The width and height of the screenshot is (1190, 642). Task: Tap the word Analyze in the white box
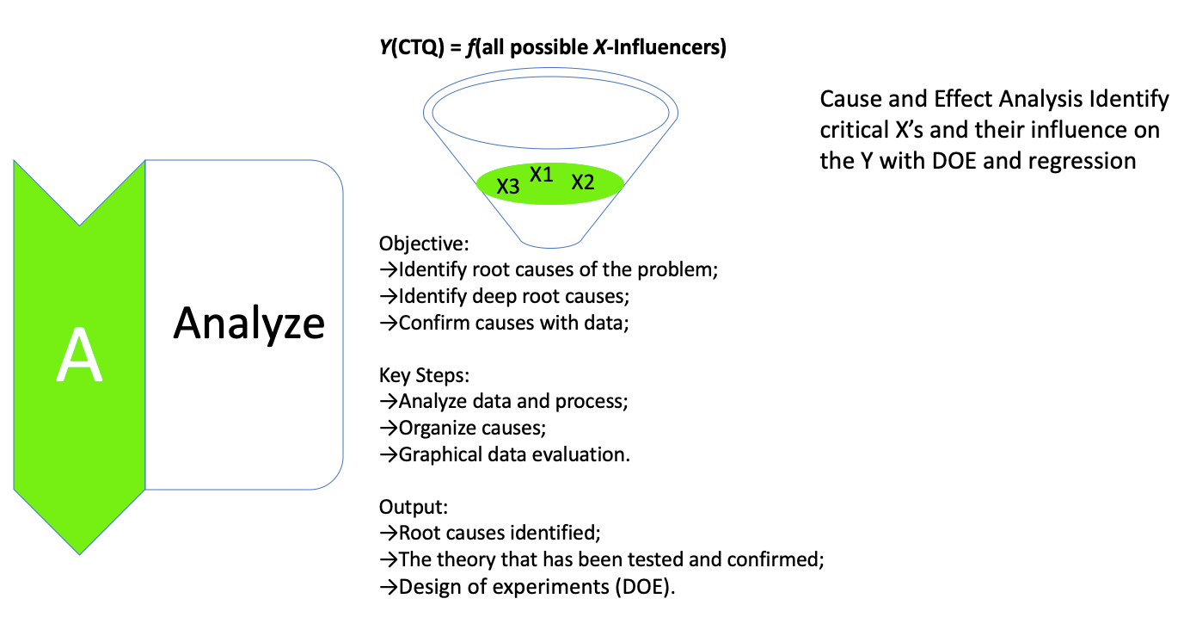(249, 324)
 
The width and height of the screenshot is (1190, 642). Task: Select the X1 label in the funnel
(542, 175)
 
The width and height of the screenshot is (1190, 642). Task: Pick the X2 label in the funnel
(583, 182)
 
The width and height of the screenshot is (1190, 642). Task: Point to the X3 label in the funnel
(508, 185)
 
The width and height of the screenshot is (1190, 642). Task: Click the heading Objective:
(424, 244)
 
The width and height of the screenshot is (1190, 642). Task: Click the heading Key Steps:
(425, 376)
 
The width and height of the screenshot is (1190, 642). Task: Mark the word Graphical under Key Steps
(439, 454)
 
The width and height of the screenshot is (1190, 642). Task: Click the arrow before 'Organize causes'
(389, 428)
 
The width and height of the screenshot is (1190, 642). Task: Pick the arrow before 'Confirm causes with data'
(389, 324)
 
